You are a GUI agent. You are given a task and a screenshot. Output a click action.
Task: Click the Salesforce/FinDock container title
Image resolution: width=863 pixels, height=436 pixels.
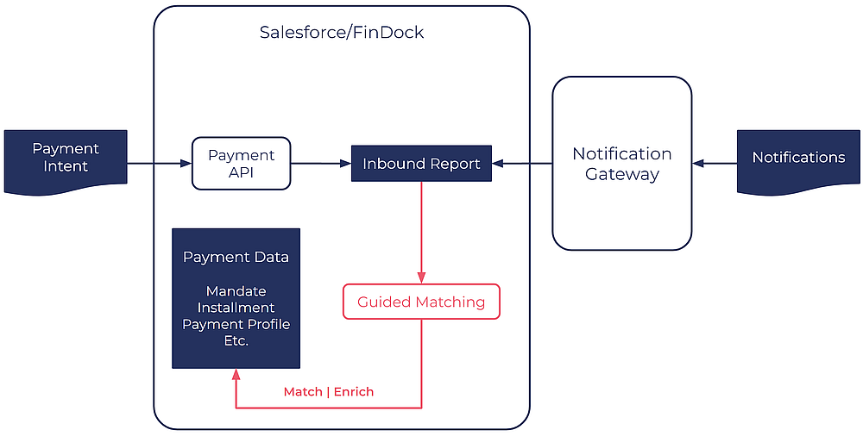coord(342,33)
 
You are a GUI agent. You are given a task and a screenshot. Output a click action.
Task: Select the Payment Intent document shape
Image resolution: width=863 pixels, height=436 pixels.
coord(66,160)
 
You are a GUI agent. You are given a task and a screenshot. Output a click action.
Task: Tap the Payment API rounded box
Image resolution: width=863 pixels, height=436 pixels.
coord(241,164)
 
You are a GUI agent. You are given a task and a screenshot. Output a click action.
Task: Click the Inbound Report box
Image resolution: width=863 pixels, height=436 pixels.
coord(421,164)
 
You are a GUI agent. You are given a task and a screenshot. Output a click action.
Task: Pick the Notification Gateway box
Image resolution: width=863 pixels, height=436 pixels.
coord(621,164)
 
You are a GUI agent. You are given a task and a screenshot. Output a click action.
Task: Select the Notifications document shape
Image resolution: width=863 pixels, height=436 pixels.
coord(798,159)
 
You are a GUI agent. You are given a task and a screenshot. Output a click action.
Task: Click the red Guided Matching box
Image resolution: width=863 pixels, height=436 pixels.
coord(421,302)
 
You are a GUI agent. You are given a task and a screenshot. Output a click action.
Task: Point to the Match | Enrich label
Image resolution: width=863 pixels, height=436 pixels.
coord(329,392)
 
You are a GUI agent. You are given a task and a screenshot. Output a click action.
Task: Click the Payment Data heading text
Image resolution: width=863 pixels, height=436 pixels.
coord(236,258)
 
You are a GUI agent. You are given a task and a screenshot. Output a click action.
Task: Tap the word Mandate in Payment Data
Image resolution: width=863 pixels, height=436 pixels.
coord(236,291)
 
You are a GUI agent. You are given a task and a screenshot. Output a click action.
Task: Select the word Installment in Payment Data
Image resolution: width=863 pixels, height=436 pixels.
coord(236,308)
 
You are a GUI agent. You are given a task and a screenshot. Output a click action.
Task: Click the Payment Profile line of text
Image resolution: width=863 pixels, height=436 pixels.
coord(236,324)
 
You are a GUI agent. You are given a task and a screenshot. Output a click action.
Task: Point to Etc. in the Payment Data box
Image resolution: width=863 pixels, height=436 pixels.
coord(236,340)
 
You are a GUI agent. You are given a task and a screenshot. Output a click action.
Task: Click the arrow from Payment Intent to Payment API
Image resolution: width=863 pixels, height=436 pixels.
coord(160,163)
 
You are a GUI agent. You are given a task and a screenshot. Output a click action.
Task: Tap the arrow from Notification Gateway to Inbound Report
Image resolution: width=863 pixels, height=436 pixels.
coord(522,163)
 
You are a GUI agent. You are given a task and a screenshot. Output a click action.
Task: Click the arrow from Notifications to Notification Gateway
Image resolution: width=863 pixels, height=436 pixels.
coord(715,163)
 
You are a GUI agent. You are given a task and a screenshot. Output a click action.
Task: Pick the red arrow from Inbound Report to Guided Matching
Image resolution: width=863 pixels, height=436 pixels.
coord(421,233)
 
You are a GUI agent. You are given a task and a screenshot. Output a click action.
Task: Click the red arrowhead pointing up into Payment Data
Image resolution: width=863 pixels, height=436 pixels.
coord(236,375)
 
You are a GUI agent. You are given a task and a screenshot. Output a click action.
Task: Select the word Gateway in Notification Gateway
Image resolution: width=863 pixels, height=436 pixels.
coord(621,174)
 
